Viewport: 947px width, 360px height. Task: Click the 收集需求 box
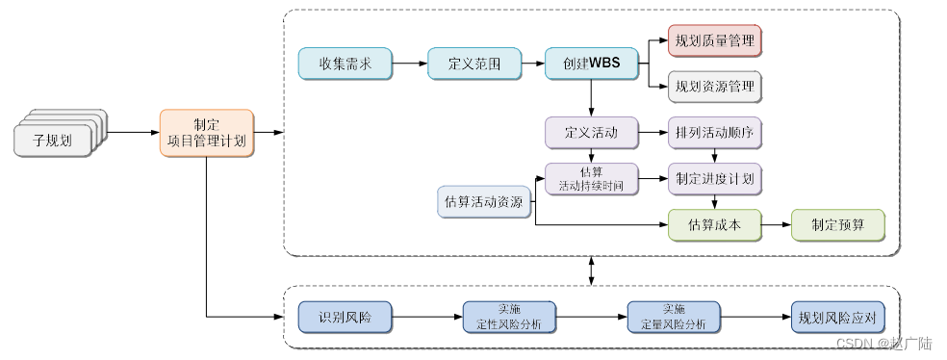345,64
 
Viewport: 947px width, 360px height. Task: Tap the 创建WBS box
591,64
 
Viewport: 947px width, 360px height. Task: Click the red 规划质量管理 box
715,40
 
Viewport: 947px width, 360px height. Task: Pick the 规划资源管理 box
715,87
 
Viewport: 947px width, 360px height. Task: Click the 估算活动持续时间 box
591,179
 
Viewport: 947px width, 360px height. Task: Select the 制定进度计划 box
715,179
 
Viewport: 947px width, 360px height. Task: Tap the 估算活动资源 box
484,202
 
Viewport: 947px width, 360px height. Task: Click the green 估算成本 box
715,225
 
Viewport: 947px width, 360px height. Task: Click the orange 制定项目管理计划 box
206,133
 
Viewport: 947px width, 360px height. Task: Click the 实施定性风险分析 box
509,317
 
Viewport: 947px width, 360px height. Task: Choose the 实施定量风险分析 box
674,317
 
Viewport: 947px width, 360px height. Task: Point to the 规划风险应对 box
836,317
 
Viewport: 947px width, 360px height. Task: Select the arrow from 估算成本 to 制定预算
776,225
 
